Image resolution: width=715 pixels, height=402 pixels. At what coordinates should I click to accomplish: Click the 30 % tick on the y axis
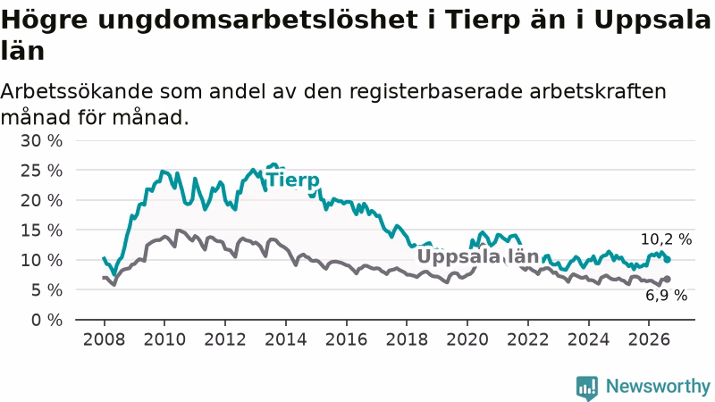(x=41, y=141)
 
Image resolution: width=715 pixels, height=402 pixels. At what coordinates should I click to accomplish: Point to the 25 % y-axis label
(x=41, y=171)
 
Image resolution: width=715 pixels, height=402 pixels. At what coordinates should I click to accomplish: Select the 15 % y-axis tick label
(x=41, y=230)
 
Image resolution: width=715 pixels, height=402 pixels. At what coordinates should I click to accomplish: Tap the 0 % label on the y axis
(x=46, y=320)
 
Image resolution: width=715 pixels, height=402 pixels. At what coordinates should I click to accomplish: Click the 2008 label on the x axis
(x=104, y=339)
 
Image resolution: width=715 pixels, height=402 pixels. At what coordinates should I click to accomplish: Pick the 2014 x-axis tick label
(x=286, y=339)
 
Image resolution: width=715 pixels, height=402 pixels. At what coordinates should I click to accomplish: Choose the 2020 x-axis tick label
(x=467, y=339)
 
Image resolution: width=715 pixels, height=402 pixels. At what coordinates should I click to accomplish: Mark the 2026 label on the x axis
(x=649, y=339)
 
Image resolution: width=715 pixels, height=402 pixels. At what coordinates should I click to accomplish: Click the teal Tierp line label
(x=293, y=180)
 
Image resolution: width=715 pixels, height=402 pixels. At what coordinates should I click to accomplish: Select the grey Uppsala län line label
(x=478, y=256)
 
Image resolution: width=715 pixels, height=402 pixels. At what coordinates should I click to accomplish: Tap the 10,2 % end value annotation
(x=666, y=239)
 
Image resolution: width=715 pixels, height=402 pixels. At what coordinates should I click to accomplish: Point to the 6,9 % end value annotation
(x=666, y=296)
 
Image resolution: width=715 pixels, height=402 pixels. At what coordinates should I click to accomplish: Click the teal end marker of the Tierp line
(x=667, y=259)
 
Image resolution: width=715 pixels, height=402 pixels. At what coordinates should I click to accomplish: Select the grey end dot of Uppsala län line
(x=667, y=279)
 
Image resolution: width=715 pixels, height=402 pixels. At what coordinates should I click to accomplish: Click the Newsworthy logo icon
(x=587, y=388)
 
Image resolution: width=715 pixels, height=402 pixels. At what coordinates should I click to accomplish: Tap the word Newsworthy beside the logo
(x=658, y=386)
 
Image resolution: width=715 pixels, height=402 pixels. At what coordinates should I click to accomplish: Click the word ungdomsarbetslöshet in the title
(x=257, y=20)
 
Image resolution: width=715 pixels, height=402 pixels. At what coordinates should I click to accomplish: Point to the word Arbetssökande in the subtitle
(x=77, y=91)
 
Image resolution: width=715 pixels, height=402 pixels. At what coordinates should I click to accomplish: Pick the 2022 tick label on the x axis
(x=527, y=339)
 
